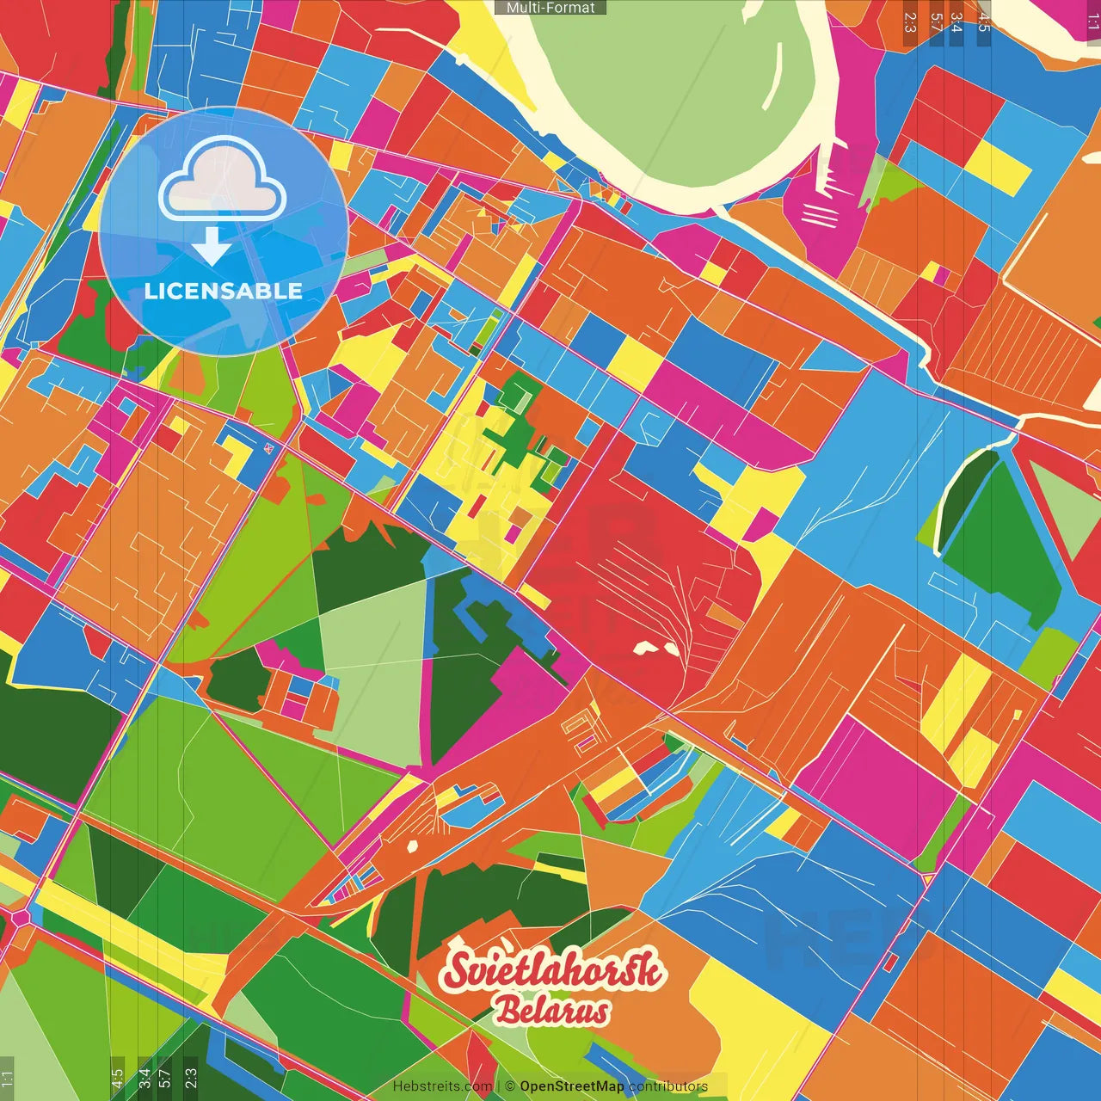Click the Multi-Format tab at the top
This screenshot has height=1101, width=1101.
coord(550,8)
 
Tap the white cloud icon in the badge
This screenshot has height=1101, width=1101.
coord(222,181)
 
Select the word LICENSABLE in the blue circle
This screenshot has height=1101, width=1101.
coord(223,291)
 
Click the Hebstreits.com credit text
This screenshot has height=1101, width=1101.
coord(443,1086)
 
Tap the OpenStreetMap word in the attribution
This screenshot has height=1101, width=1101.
coord(571,1086)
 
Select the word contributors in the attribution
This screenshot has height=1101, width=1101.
coord(668,1086)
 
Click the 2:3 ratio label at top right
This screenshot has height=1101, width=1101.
coord(910,22)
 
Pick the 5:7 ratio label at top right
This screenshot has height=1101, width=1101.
coord(936,22)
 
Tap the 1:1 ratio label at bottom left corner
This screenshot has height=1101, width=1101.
coord(8,1079)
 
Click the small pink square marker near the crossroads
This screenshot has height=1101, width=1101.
coord(269,447)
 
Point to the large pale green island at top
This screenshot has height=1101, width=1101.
coord(680,95)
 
